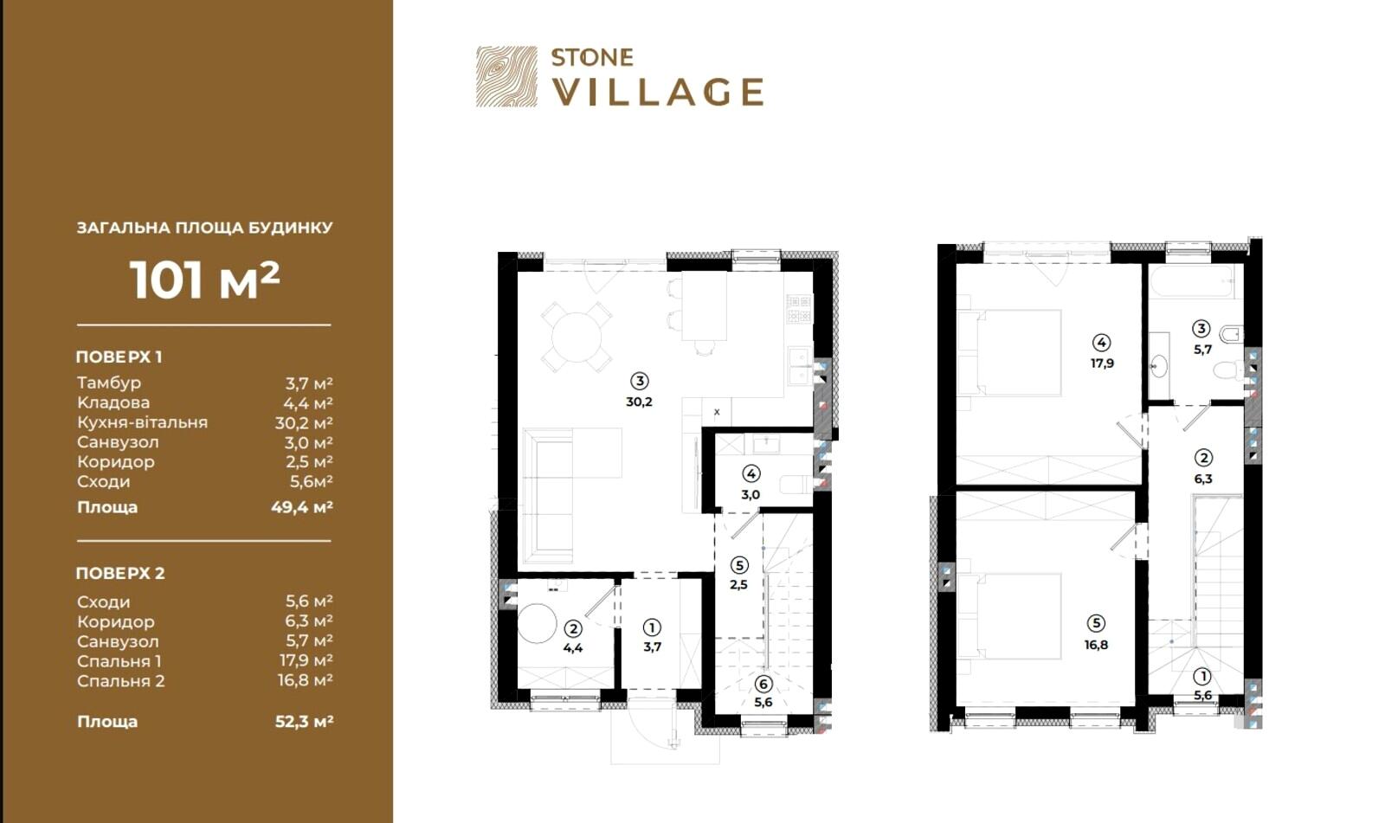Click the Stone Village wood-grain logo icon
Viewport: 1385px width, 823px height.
pyautogui.click(x=506, y=77)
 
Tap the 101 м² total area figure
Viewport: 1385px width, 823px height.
pyautogui.click(x=204, y=280)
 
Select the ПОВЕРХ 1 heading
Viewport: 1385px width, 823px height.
pyautogui.click(x=119, y=357)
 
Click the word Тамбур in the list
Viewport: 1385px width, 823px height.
pyautogui.click(x=109, y=383)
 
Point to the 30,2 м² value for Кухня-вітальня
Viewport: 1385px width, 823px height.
pyautogui.click(x=304, y=423)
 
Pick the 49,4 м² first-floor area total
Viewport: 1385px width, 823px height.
pyautogui.click(x=302, y=508)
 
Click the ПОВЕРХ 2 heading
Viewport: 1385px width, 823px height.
pyautogui.click(x=120, y=573)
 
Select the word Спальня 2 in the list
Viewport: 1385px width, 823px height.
pyautogui.click(x=120, y=681)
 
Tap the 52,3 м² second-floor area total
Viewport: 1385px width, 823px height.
pyautogui.click(x=304, y=722)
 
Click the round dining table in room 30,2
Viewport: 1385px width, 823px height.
pyautogui.click(x=577, y=337)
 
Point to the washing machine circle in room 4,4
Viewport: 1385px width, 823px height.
pyautogui.click(x=537, y=623)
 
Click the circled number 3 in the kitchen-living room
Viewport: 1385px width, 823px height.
pyautogui.click(x=640, y=381)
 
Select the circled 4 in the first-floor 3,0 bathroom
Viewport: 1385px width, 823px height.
pyautogui.click(x=750, y=474)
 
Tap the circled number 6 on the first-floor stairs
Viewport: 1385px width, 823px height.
pyautogui.click(x=763, y=684)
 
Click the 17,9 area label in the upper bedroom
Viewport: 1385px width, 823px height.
pyautogui.click(x=1102, y=363)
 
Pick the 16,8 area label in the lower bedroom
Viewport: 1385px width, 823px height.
pyautogui.click(x=1096, y=645)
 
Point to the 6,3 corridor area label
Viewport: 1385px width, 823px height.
pyautogui.click(x=1203, y=479)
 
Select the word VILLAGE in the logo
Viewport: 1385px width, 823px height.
pyautogui.click(x=658, y=93)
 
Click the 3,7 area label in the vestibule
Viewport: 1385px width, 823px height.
pyautogui.click(x=653, y=646)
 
